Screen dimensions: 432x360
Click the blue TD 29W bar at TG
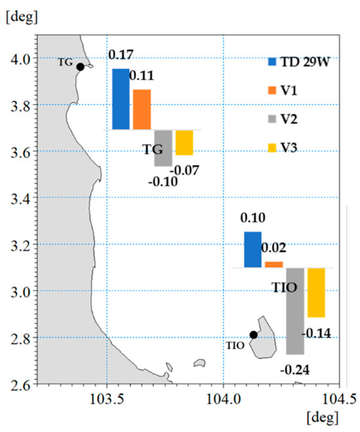pyautogui.click(x=120, y=99)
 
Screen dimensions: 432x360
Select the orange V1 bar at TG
pyautogui.click(x=142, y=109)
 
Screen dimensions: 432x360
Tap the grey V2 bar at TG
pyautogui.click(x=163, y=147)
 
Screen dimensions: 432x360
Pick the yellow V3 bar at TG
pyautogui.click(x=184, y=142)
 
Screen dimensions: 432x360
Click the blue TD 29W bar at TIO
pyautogui.click(x=253, y=249)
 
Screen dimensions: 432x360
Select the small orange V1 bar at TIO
pyautogui.click(x=274, y=264)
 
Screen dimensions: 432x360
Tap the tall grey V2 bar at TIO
pyautogui.click(x=295, y=311)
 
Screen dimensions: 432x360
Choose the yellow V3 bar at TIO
pyautogui.click(x=316, y=293)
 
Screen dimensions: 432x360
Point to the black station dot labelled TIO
pyautogui.click(x=253, y=334)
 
